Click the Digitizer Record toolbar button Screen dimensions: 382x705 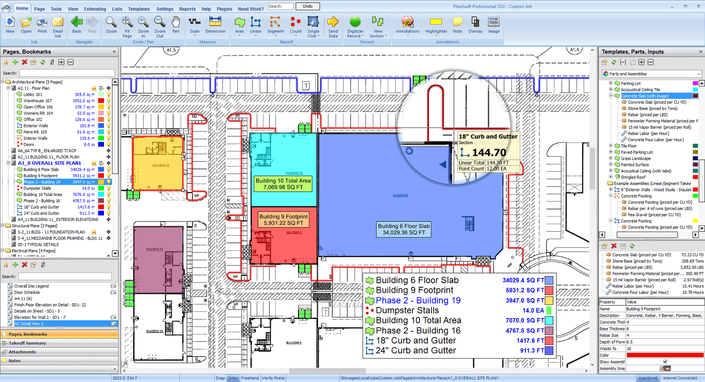pos(355,27)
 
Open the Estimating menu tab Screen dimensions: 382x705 pos(95,9)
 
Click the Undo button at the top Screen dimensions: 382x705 pos(308,6)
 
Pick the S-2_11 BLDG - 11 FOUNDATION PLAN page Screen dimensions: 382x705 pos(51,232)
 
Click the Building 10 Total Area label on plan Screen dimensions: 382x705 pos(283,184)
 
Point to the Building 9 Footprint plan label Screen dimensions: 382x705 pos(283,220)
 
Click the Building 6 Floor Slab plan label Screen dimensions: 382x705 pos(404,229)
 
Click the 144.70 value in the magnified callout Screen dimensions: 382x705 pos(489,153)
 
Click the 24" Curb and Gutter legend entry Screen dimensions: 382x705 pos(416,351)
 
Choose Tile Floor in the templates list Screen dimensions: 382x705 pos(628,146)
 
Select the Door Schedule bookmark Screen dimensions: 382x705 pos(27,292)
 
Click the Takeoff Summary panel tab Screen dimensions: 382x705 pos(27,343)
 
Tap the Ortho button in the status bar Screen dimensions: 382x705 pos(233,378)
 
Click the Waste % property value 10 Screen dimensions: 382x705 pos(664,348)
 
